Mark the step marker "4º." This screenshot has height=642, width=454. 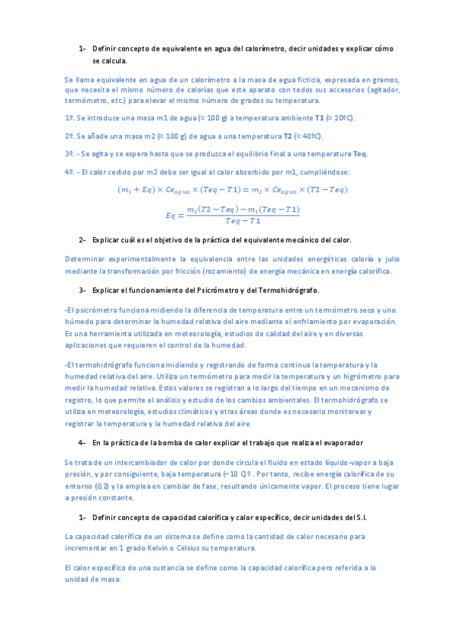71,172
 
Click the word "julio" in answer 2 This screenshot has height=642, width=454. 388,260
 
